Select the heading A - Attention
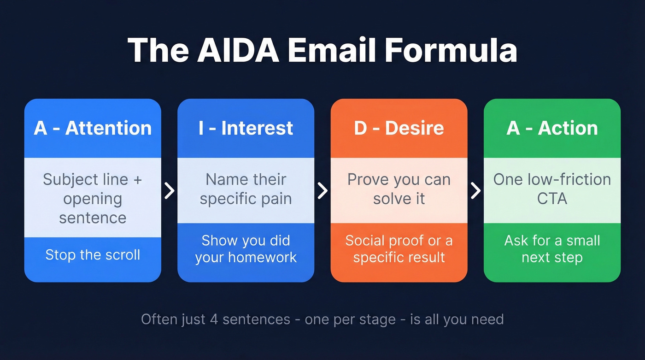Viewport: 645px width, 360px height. click(x=93, y=128)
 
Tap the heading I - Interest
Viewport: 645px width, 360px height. click(x=246, y=128)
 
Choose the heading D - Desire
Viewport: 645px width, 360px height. click(x=399, y=128)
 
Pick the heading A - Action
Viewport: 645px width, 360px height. click(x=552, y=128)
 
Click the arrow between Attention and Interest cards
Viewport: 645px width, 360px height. click(x=170, y=190)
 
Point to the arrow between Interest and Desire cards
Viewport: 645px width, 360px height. click(x=322, y=190)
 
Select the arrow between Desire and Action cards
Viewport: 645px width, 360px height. click(x=475, y=190)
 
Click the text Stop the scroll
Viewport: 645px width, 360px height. click(x=93, y=255)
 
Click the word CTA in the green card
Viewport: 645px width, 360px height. click(x=552, y=199)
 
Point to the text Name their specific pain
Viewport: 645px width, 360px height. click(x=246, y=189)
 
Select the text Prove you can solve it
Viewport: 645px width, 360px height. click(x=399, y=189)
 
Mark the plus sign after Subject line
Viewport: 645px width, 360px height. click(x=137, y=180)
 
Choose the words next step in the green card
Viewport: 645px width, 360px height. click(x=552, y=257)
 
